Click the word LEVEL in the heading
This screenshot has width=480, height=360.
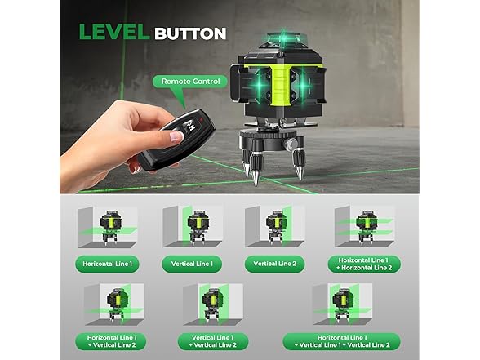click(x=114, y=32)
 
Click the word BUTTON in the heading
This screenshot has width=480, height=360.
click(x=190, y=33)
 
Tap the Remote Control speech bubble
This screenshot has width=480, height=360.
click(x=190, y=82)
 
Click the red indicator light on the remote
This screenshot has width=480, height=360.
click(x=202, y=118)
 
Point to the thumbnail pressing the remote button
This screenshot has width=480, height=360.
click(x=176, y=136)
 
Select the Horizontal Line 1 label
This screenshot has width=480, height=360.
click(x=108, y=264)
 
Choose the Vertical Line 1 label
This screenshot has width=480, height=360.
click(x=192, y=264)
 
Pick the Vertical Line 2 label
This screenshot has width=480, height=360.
click(x=275, y=264)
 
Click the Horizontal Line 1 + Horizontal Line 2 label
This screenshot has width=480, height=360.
click(x=364, y=264)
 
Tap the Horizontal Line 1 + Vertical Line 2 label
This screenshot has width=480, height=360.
click(x=111, y=341)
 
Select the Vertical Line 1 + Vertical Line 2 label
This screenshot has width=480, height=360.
click(x=213, y=341)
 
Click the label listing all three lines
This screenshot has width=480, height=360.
click(x=342, y=341)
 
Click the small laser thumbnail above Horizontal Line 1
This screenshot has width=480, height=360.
click(x=108, y=228)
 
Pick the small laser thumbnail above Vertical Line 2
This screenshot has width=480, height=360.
click(x=275, y=227)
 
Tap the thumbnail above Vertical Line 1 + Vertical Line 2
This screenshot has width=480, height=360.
click(x=213, y=304)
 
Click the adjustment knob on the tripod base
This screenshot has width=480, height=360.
click(x=291, y=144)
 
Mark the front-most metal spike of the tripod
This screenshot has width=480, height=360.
click(x=256, y=178)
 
